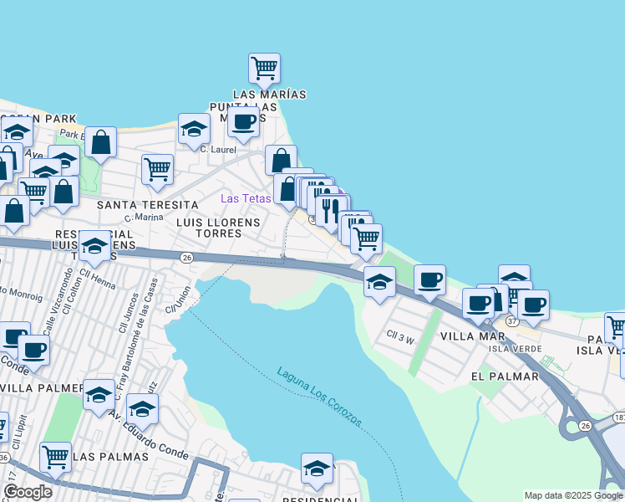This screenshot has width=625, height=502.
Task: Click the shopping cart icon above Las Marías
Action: click(264, 68)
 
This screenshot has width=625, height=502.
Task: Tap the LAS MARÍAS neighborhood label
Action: click(269, 94)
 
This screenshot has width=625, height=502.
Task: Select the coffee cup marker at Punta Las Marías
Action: click(243, 123)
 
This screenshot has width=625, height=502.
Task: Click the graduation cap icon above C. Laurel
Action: click(194, 129)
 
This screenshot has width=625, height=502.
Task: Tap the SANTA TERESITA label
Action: click(148, 204)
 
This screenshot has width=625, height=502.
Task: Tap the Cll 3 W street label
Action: click(400, 338)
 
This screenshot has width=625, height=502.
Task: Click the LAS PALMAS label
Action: click(110, 457)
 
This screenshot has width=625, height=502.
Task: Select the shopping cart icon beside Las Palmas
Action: click(55, 457)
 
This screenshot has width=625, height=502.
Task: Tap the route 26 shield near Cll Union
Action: click(187, 258)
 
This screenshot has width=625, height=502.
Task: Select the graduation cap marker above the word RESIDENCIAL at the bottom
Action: click(317, 469)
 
